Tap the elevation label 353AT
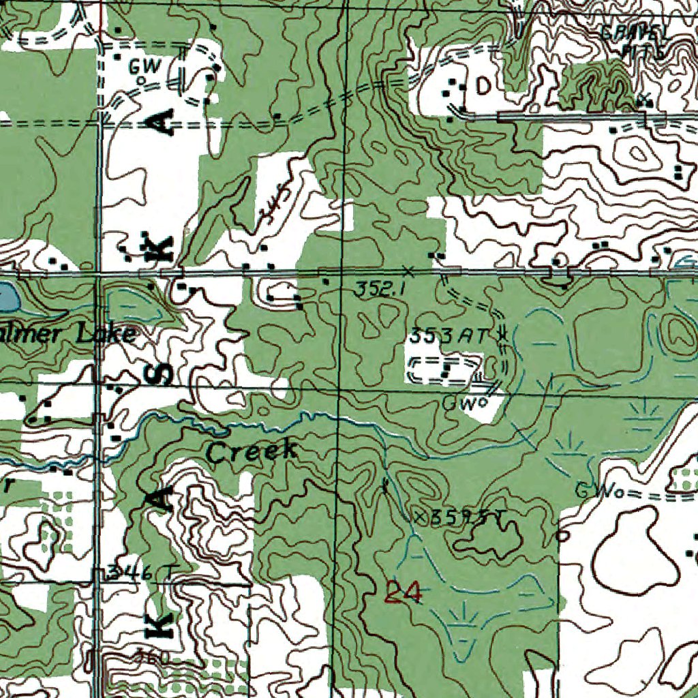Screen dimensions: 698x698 tap(449, 335)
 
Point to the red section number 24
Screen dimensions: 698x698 tap(403, 592)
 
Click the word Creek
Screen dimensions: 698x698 tap(252, 451)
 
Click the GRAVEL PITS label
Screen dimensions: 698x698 tap(635, 40)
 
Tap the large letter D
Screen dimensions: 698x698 tap(483, 86)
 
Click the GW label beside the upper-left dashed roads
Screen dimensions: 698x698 tap(142, 66)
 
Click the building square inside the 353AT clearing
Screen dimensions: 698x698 tap(445, 369)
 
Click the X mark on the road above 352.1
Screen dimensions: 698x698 tap(408, 268)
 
